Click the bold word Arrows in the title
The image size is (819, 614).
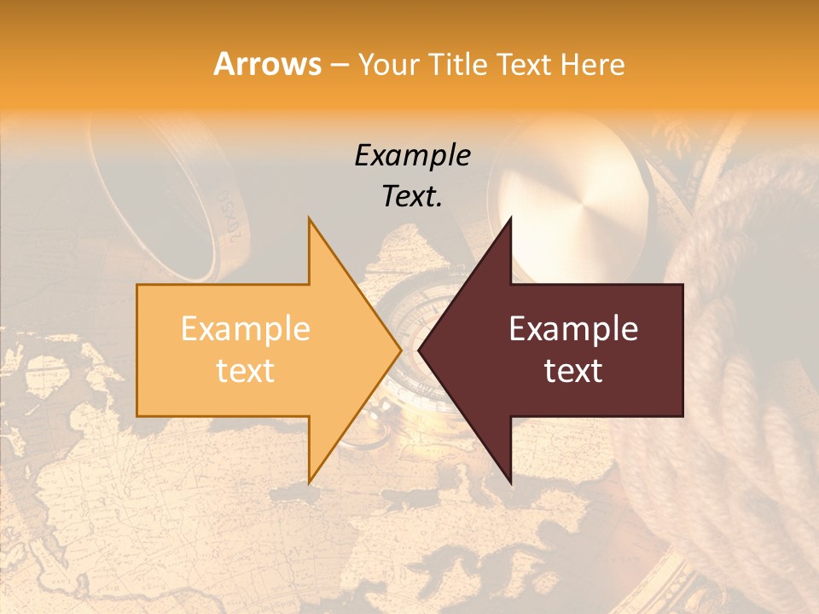(268, 64)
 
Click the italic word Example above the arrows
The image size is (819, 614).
(412, 156)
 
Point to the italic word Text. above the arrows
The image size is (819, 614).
(412, 196)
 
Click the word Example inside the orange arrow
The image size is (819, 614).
(246, 329)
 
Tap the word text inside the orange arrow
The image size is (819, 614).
(246, 371)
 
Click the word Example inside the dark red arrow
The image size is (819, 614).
(573, 329)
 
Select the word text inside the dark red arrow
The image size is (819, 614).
(573, 371)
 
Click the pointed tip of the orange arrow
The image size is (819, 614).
(401, 350)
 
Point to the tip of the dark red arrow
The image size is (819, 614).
(419, 350)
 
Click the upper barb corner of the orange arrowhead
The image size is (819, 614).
(309, 218)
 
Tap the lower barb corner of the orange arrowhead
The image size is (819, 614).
(309, 482)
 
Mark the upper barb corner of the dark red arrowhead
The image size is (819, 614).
(511, 218)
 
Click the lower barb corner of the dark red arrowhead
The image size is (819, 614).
(511, 484)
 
